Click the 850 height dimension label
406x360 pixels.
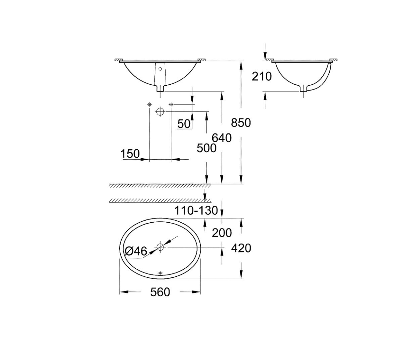(241, 123)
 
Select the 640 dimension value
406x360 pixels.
(222, 138)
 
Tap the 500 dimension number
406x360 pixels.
(206, 148)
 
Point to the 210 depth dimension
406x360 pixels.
(261, 76)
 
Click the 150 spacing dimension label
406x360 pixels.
(130, 154)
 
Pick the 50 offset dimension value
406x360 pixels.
(184, 123)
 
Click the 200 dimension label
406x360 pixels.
(222, 232)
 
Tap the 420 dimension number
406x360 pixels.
(241, 248)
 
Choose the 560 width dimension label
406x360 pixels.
(160, 292)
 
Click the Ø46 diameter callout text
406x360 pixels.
(136, 251)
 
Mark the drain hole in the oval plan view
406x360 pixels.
(160, 247)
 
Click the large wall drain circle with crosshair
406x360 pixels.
(160, 112)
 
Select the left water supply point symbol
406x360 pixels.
(149, 104)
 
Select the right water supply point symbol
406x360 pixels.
(171, 104)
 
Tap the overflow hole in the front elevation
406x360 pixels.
(160, 69)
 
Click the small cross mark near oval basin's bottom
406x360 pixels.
(160, 273)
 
